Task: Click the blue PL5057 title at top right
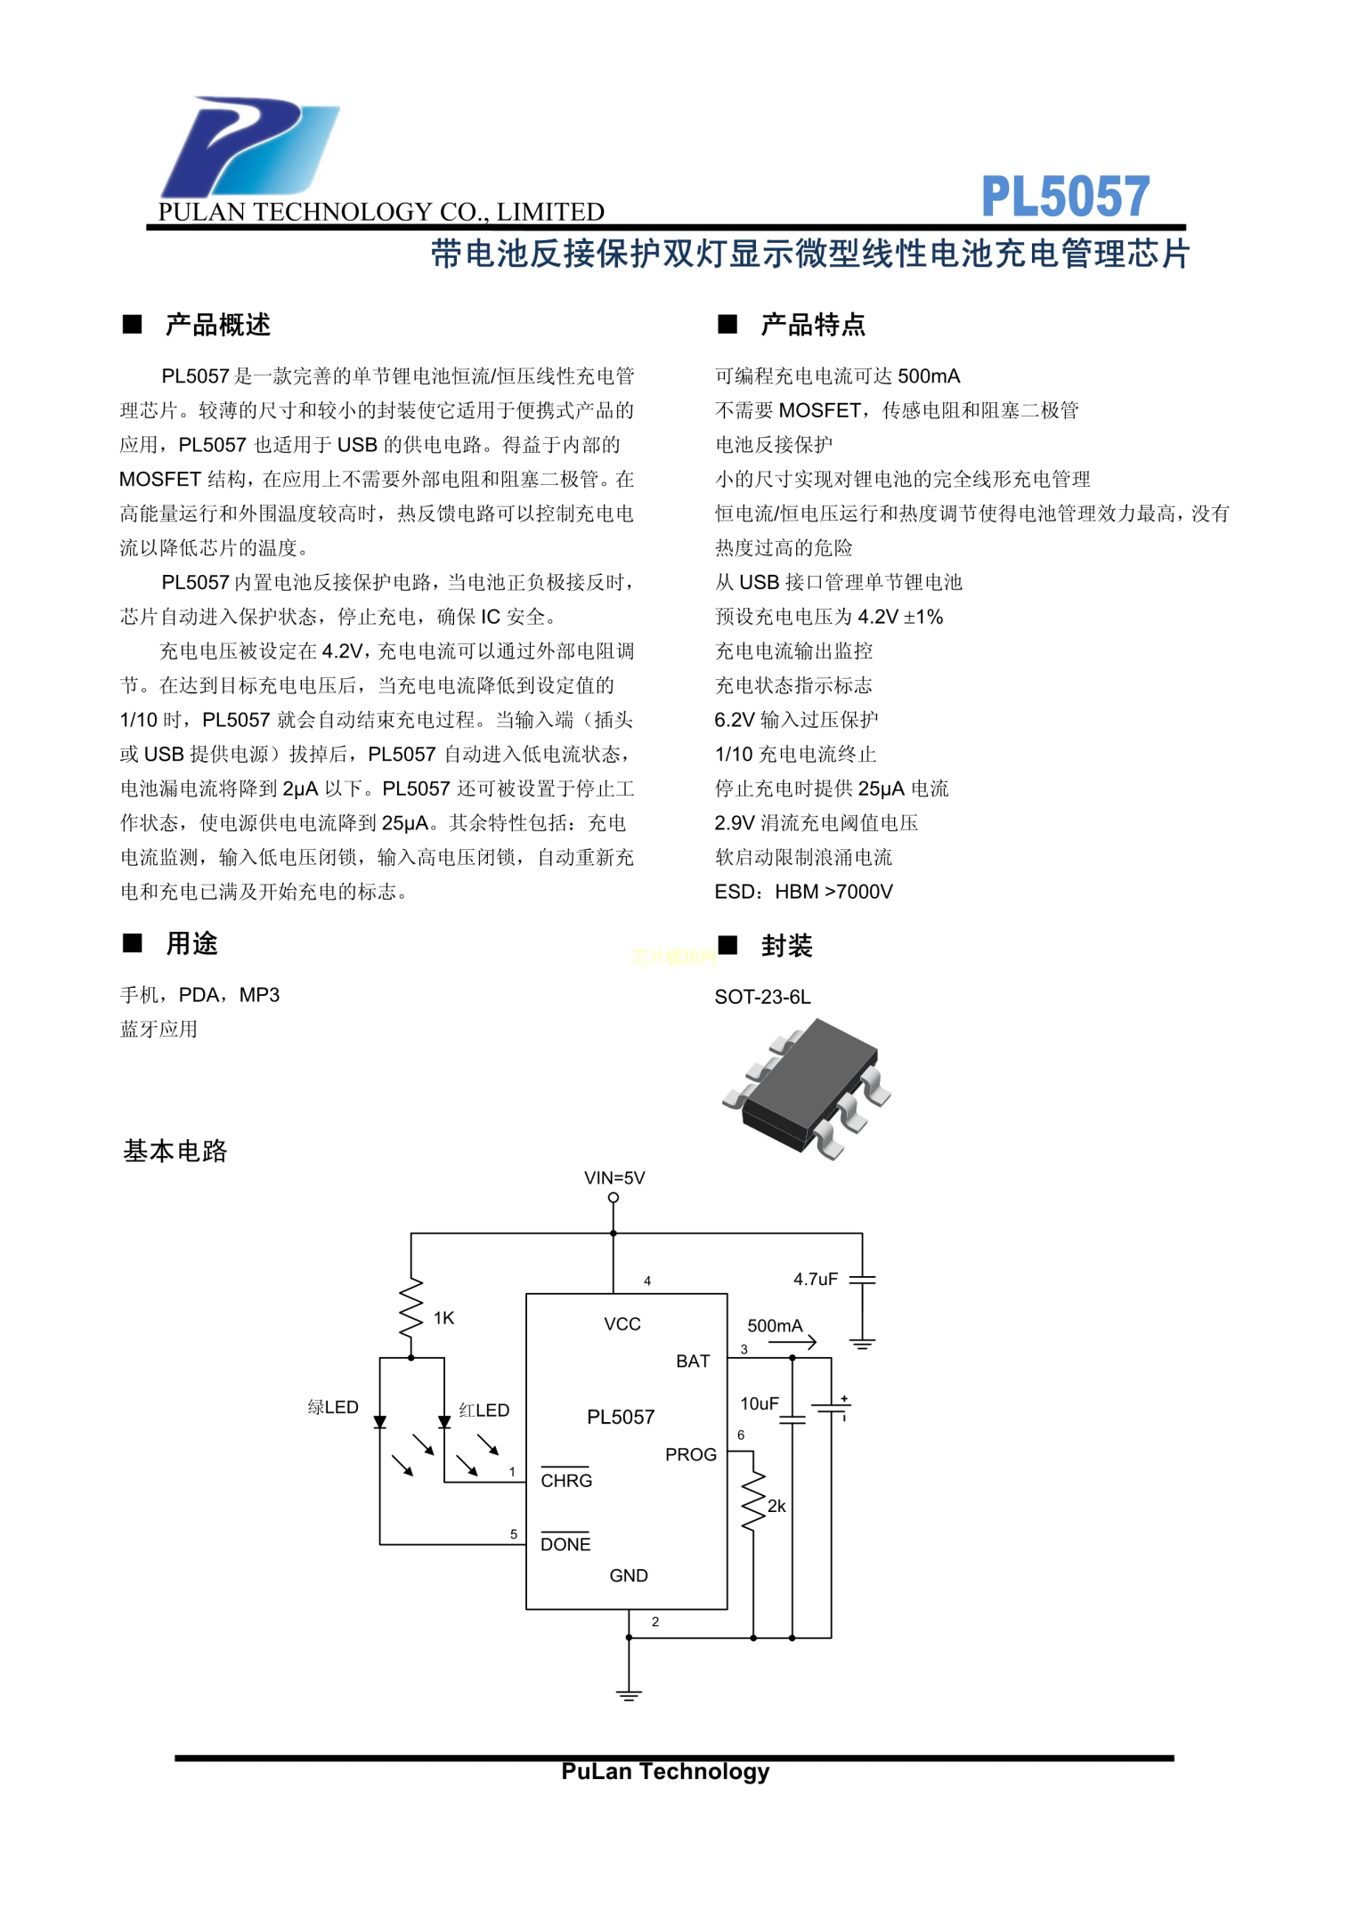coord(1065,197)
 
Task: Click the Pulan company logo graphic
coord(249,147)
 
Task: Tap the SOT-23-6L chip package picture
coord(807,1088)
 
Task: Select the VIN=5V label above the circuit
coord(614,1177)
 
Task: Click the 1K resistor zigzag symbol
coord(410,1307)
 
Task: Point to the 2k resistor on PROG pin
coord(753,1501)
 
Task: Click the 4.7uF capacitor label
coord(816,1279)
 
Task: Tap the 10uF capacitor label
coord(760,1403)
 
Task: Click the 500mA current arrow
coord(792,1342)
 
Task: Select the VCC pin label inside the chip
coord(622,1324)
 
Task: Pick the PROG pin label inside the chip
coord(691,1454)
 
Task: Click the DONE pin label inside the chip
coord(565,1544)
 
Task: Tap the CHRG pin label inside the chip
coord(566,1480)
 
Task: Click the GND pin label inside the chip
coord(629,1575)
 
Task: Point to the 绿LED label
coord(333,1407)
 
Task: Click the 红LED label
coord(484,1410)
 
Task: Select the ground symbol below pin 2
coord(629,1694)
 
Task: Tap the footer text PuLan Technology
coord(665,1772)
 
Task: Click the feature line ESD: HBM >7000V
coord(803,892)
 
